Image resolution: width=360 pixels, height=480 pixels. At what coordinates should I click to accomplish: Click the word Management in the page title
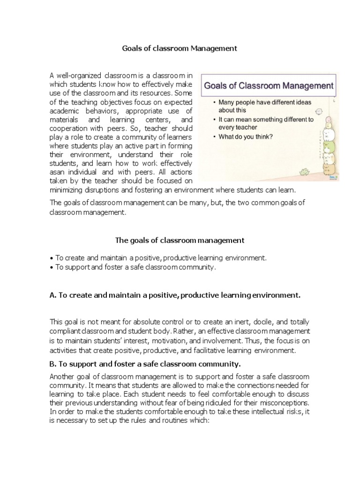(x=213, y=48)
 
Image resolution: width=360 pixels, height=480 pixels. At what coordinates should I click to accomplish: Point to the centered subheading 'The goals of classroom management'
(x=180, y=240)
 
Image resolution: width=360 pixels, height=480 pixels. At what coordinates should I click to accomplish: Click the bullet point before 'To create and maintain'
(x=51, y=258)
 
